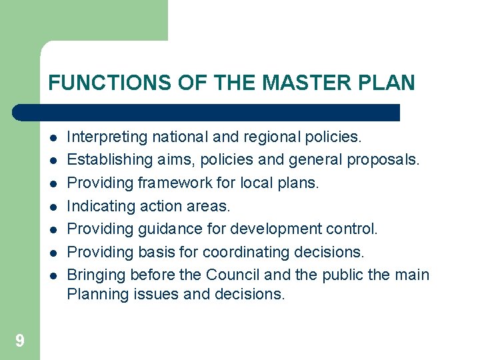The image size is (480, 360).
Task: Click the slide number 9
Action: pos(19,341)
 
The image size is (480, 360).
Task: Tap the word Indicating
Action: pos(101,206)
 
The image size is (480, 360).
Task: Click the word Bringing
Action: pos(97,275)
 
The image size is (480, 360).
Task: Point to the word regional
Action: pos(259,137)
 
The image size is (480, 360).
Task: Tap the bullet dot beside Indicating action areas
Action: pos(52,207)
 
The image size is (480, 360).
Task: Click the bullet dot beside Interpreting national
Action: pos(52,138)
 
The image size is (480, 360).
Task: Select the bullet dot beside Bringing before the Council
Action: pos(52,275)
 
